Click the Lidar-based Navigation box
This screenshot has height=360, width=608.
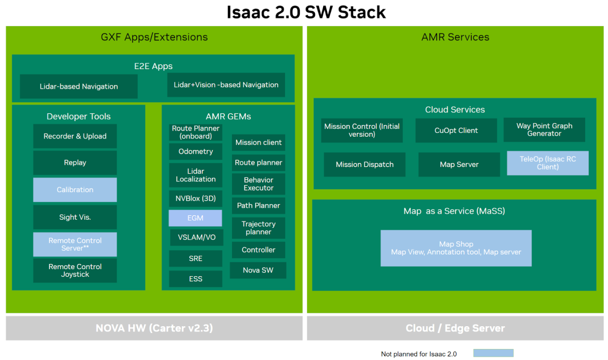pos(79,87)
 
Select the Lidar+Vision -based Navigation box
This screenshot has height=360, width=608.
pos(226,85)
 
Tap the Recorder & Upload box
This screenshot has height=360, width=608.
pos(75,136)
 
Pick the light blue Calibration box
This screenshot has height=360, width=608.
pos(75,189)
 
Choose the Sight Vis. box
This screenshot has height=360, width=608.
pos(75,217)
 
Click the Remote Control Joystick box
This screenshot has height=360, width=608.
pos(75,271)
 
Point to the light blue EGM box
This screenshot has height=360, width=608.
pos(195,218)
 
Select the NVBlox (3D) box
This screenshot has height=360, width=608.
pos(195,198)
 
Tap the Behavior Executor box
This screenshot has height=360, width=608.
pos(258,184)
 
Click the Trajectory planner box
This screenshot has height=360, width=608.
pos(258,228)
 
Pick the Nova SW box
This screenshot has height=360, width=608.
pos(258,270)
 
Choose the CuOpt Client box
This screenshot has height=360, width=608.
pos(456,130)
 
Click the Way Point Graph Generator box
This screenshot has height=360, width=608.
pos(544,130)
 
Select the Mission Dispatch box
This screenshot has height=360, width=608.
pos(364,165)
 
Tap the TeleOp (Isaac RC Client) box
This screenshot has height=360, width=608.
pos(548,163)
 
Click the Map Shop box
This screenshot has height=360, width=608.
pos(456,248)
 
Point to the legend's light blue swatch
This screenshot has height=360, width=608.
pos(493,353)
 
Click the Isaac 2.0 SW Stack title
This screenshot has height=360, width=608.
pos(306,12)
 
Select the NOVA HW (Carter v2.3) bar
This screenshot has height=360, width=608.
pos(154,328)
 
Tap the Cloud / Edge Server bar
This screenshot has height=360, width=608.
pos(455,328)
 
